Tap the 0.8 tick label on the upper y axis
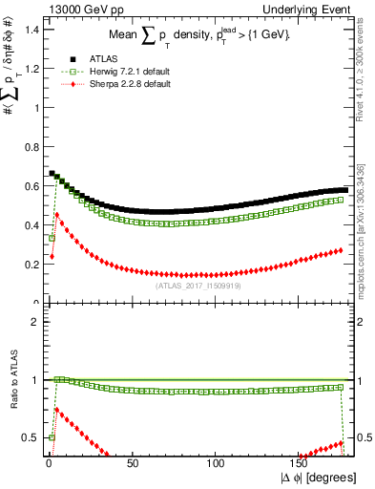[31, 147]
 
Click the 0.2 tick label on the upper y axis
[31, 265]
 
